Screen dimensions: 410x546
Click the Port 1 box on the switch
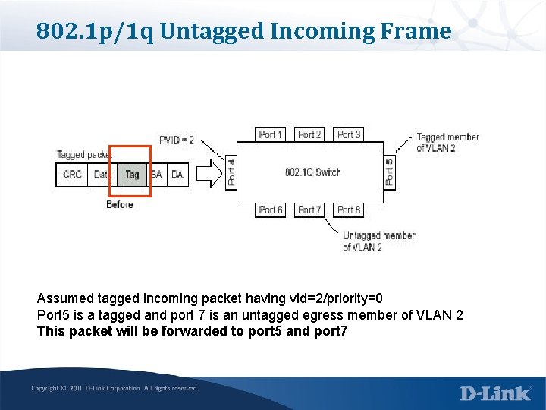point(271,134)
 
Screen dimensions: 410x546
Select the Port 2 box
point(309,134)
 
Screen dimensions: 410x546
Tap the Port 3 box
point(349,134)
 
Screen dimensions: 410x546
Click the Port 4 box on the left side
point(231,172)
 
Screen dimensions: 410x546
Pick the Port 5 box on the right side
point(389,172)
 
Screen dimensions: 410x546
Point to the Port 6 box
point(271,210)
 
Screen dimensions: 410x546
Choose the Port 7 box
point(309,210)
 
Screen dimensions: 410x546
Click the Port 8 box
point(349,210)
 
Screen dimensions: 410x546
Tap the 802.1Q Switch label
point(312,172)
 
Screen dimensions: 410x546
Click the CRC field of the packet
point(73,175)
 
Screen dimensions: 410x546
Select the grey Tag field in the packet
point(132,175)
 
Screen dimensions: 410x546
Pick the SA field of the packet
point(156,175)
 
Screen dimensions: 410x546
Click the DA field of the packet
point(177,175)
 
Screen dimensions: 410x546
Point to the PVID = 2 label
point(177,140)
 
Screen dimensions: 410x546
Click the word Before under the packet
point(120,204)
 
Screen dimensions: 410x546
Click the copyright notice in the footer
point(115,388)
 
